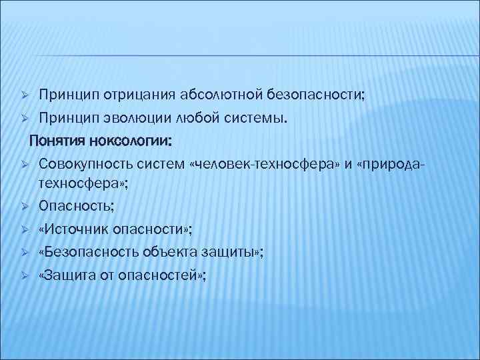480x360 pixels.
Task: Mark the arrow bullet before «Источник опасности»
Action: click(23, 229)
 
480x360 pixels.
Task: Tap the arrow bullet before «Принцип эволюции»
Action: click(23, 119)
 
